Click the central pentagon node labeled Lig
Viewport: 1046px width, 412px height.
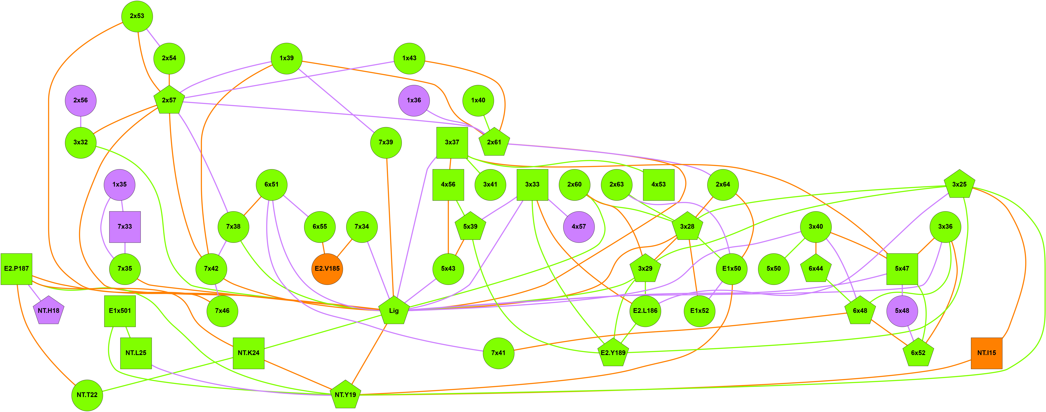coord(394,311)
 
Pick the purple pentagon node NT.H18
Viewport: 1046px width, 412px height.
coord(48,311)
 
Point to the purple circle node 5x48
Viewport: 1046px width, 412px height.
coord(902,311)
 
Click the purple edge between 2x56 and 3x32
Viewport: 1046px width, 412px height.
coord(80,121)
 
